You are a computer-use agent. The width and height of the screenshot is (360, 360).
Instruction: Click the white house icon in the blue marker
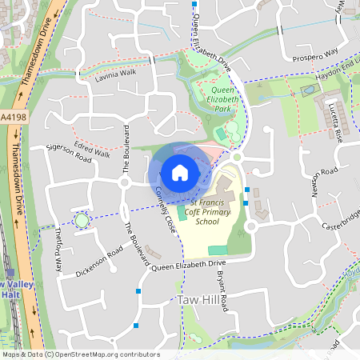pos(179,173)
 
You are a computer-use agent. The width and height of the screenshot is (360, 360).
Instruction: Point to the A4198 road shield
pos(11,118)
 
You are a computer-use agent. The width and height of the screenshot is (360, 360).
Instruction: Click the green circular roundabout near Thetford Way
pos(81,220)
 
